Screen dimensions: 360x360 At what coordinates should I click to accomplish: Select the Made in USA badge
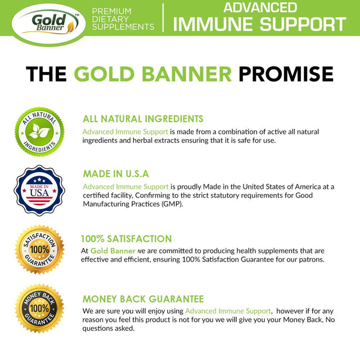click(39, 191)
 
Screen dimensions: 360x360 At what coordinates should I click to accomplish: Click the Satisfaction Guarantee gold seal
click(39, 249)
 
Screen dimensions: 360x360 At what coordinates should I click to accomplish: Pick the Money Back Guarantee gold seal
click(39, 308)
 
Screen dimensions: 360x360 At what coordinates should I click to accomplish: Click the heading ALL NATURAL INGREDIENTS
click(143, 119)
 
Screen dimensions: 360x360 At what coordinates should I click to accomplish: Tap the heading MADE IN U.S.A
click(116, 174)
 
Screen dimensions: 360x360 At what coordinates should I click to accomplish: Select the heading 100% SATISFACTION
click(126, 238)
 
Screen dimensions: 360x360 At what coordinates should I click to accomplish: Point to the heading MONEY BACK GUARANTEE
click(143, 299)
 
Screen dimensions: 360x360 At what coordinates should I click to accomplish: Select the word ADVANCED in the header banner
click(260, 7)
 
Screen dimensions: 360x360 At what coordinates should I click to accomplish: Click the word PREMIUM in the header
click(111, 11)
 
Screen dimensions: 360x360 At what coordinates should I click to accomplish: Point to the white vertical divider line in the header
click(163, 17)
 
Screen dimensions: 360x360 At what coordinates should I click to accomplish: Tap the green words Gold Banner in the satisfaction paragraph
click(112, 250)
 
